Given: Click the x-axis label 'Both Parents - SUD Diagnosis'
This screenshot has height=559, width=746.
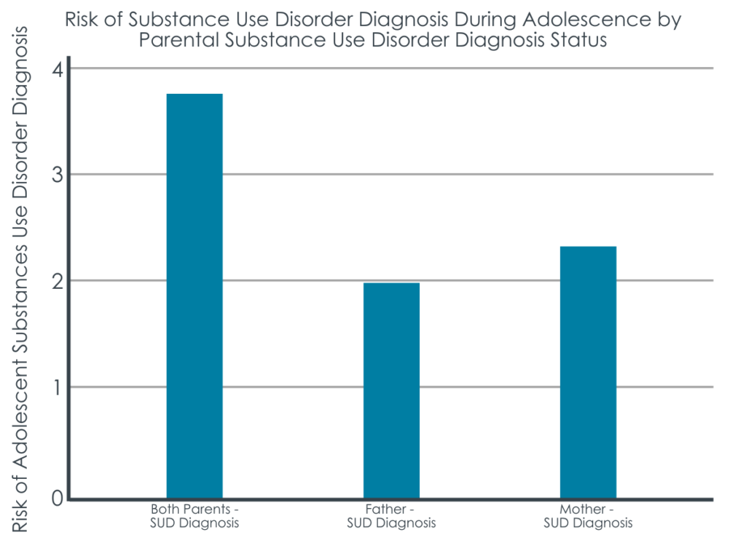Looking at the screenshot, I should pos(195,515).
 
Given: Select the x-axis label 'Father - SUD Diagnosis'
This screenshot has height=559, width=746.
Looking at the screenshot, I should pos(391,515).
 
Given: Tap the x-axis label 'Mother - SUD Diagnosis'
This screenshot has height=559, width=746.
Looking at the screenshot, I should pos(588,515).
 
